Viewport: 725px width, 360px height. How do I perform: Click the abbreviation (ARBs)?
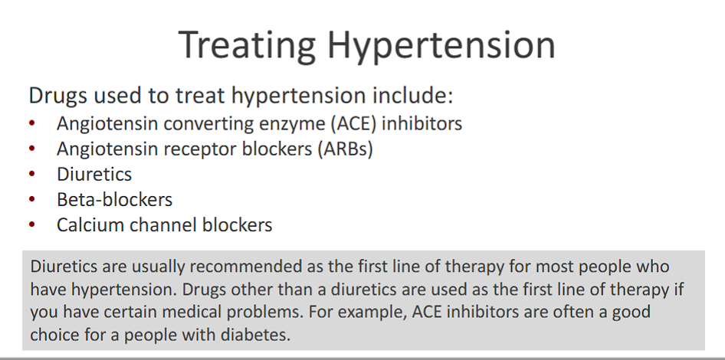pyautogui.click(x=343, y=149)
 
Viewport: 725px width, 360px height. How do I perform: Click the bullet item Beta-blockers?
pyautogui.click(x=114, y=200)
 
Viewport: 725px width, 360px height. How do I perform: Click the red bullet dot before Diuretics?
pyautogui.click(x=32, y=175)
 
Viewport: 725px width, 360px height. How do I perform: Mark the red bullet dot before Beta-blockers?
pyautogui.click(x=32, y=201)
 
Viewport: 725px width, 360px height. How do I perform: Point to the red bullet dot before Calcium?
pyautogui.click(x=32, y=226)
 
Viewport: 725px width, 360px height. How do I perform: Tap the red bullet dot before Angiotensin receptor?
pyautogui.click(x=32, y=149)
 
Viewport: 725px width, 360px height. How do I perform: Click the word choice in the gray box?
pyautogui.click(x=57, y=335)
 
